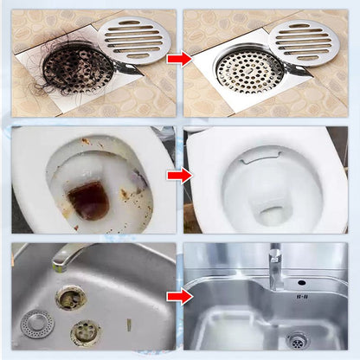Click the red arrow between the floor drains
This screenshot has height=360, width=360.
(179, 59)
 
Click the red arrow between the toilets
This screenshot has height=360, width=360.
(179, 176)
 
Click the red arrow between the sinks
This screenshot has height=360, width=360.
(179, 297)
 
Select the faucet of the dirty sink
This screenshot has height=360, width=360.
(69, 257)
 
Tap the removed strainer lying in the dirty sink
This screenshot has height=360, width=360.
(37, 323)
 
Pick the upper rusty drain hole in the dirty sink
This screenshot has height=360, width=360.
(71, 297)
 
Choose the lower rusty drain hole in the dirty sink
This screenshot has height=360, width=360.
(85, 331)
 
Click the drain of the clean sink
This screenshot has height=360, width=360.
(298, 339)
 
